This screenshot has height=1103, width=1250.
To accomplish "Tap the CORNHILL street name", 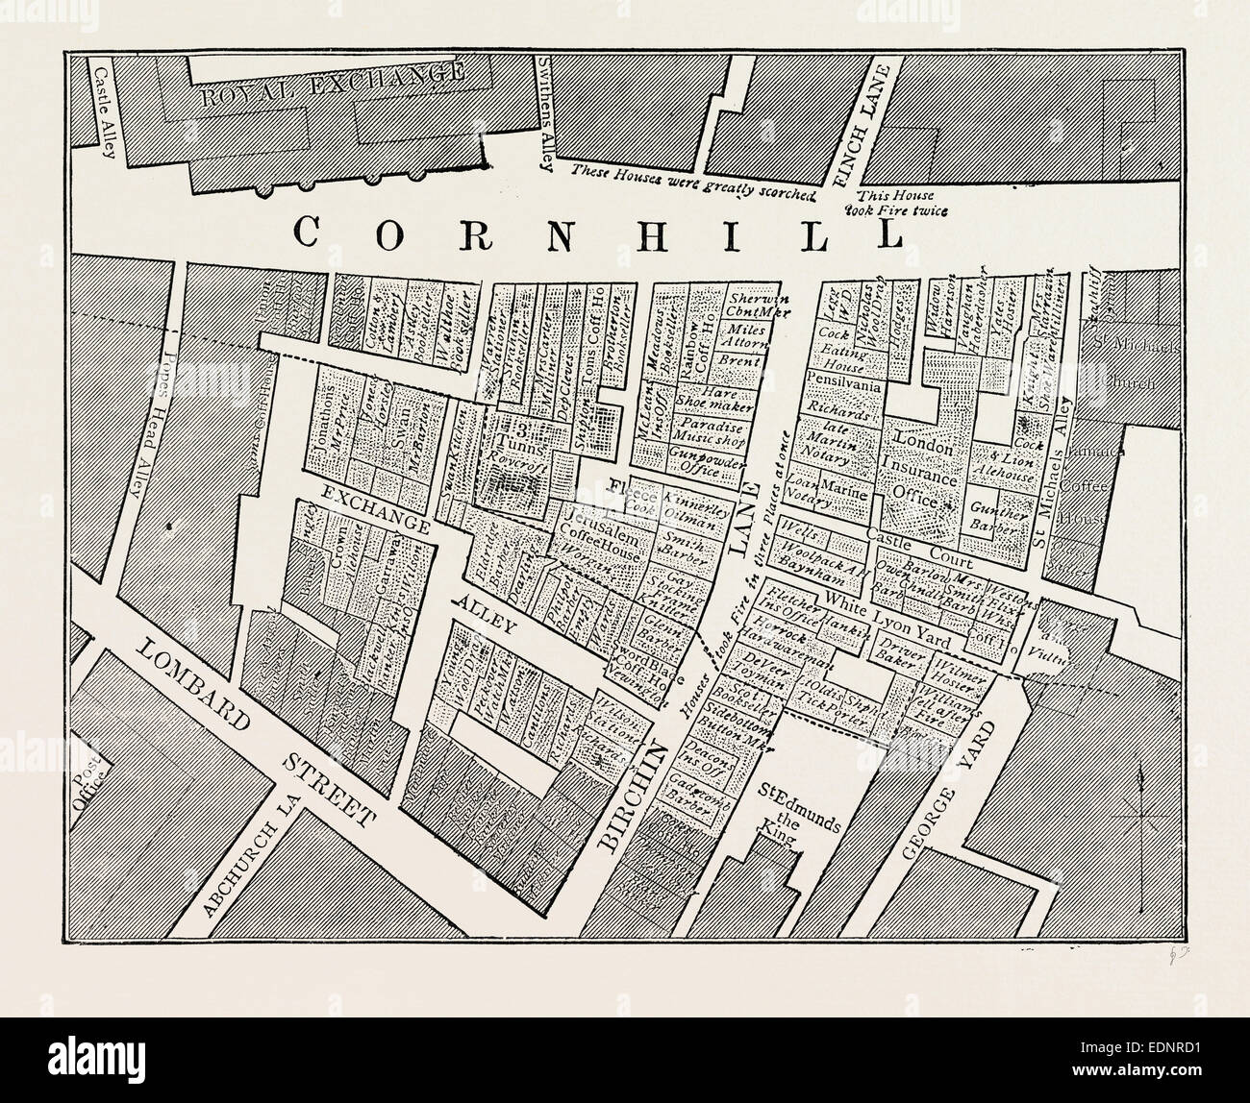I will click(596, 233).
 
